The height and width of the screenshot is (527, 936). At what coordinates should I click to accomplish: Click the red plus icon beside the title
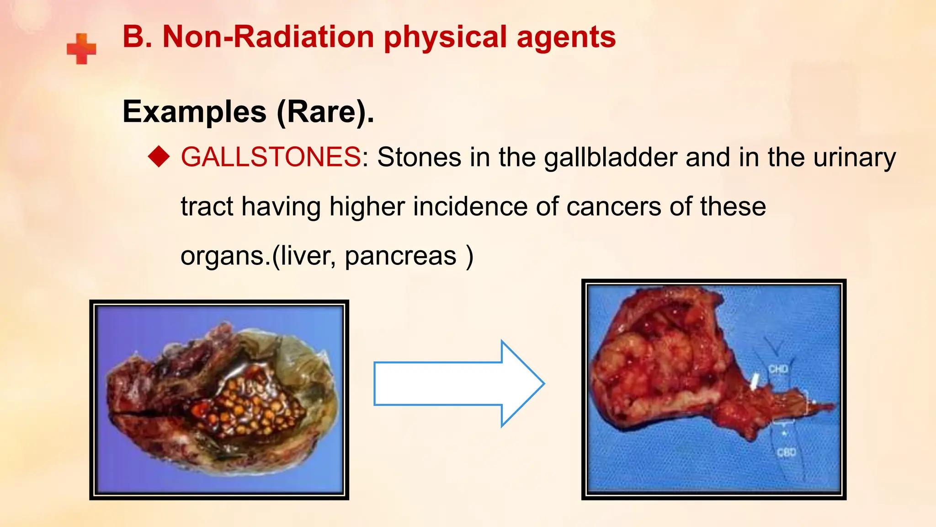[x=81, y=48]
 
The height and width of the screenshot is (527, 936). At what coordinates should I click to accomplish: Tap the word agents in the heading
[x=566, y=38]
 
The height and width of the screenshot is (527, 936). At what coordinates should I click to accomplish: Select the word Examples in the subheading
[x=195, y=112]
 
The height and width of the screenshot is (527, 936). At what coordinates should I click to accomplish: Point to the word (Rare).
[x=325, y=112]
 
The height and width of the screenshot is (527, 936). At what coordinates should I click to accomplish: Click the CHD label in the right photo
[x=778, y=369]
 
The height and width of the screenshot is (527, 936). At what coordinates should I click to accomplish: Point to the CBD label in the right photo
[x=786, y=452]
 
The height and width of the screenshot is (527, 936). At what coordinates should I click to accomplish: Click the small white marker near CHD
[x=755, y=381]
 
